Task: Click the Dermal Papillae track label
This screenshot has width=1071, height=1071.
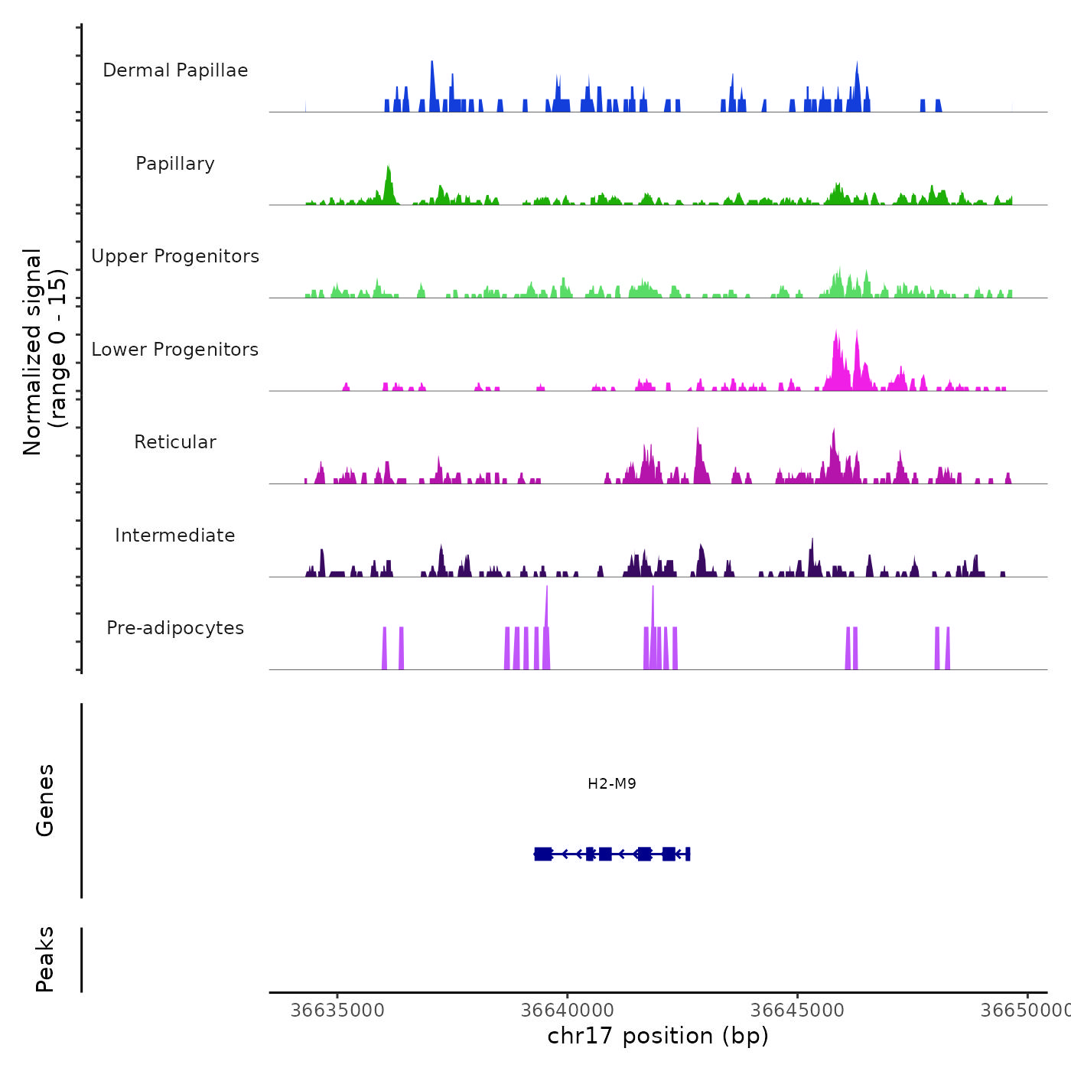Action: [175, 70]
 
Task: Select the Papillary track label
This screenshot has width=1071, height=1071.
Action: [175, 164]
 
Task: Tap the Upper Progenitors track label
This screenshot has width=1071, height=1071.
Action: [175, 256]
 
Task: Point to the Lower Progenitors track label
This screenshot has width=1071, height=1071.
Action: [175, 350]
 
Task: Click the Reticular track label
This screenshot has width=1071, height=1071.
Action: [175, 442]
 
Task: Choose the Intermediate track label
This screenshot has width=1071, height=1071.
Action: [175, 535]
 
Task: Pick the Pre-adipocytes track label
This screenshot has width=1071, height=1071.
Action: [175, 628]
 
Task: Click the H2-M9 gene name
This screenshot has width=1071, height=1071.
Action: [612, 783]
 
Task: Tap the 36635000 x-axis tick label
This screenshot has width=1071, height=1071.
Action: [337, 1011]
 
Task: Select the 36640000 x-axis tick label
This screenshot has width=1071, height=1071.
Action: [568, 1011]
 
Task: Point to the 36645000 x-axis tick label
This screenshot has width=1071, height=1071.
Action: [798, 1011]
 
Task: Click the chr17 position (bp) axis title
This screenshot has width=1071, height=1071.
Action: [658, 1036]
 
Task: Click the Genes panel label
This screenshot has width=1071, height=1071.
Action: [45, 800]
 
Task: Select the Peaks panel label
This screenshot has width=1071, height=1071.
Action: [45, 959]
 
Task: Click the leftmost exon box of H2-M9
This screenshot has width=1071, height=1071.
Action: [543, 854]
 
